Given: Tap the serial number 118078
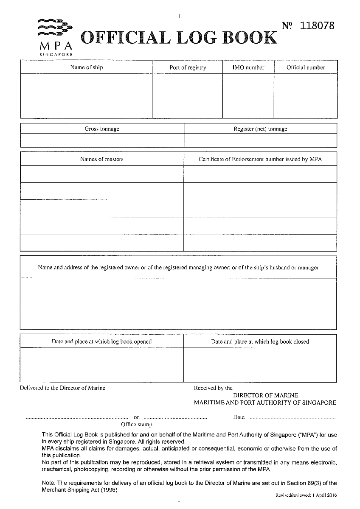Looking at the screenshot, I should (317, 26).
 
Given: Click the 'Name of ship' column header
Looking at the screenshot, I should (87, 67).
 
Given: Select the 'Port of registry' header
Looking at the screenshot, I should (188, 67).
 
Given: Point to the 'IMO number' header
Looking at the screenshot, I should (248, 67).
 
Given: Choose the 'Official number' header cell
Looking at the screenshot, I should (306, 67).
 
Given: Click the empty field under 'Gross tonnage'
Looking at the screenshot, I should (102, 140).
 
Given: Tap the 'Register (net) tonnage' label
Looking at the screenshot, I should (260, 129).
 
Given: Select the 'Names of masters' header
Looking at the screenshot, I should (102, 159).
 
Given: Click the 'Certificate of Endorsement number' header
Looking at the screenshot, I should (260, 159).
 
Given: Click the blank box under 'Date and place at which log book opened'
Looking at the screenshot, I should (102, 365).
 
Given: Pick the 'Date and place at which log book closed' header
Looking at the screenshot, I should (260, 341).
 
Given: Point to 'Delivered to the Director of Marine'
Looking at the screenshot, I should (63, 388).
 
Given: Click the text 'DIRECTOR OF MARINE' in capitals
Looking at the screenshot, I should (266, 395).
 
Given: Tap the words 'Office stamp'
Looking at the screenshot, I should (136, 424).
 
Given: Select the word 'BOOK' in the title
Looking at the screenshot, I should (250, 38).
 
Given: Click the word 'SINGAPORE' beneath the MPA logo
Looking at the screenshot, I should (56, 55).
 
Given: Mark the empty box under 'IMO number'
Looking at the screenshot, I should (248, 96).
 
